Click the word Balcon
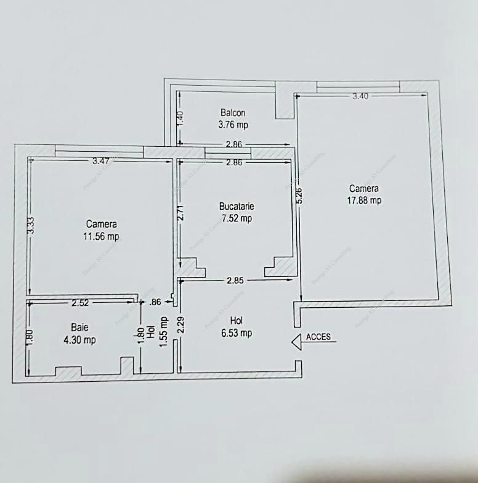[x=233, y=113]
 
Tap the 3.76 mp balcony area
[x=233, y=125]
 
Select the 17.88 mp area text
[x=364, y=200]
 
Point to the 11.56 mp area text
[x=102, y=236]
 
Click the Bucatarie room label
[x=237, y=207]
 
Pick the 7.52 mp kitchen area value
[x=237, y=218]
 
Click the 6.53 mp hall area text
[x=237, y=333]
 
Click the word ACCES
[x=318, y=337]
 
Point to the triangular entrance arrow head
[x=296, y=341]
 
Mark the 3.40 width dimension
[x=360, y=96]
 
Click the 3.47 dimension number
[x=100, y=161]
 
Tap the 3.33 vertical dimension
[x=30, y=225]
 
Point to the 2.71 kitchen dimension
[x=180, y=213]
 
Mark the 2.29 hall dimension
[x=180, y=325]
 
